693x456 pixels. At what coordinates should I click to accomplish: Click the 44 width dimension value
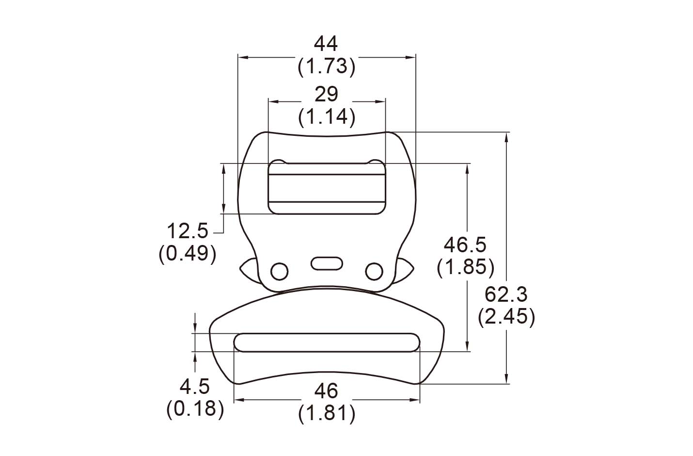[x=326, y=44]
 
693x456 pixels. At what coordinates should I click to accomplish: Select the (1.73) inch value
[x=326, y=66]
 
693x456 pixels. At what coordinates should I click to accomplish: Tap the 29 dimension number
[x=326, y=94]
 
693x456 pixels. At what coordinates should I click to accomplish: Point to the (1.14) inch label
[x=327, y=117]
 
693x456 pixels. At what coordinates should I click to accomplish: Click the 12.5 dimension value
[x=187, y=231]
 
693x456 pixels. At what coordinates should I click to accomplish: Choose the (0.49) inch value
[x=187, y=254]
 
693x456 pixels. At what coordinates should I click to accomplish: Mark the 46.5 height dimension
[x=465, y=245]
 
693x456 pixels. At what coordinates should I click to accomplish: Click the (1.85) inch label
[x=465, y=267]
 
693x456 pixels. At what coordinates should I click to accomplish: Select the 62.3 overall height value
[x=506, y=294]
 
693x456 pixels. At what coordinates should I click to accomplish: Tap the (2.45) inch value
[x=506, y=317]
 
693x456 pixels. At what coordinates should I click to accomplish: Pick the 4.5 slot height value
[x=194, y=387]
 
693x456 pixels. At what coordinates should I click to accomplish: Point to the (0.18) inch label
[x=195, y=409]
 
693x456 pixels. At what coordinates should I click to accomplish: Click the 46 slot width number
[x=326, y=391]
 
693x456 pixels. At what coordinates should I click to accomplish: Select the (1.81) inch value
[x=327, y=413]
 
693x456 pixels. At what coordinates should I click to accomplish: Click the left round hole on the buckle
[x=279, y=271]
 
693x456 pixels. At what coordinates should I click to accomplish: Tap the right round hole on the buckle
[x=374, y=271]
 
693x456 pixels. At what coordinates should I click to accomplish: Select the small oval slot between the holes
[x=327, y=263]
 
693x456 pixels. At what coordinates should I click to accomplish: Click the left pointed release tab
[x=249, y=270]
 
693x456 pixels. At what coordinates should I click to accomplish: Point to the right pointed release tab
[x=404, y=270]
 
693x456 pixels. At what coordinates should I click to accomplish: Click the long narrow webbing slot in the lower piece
[x=327, y=342]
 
